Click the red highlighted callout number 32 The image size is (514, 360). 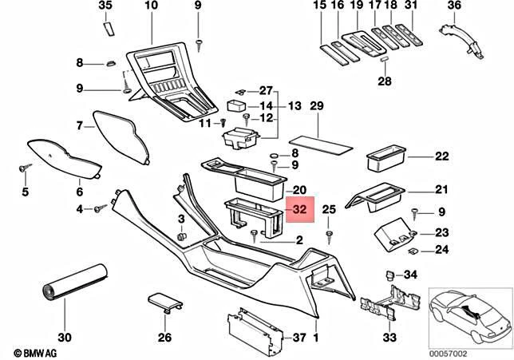click(300, 209)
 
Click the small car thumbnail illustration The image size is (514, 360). click(468, 313)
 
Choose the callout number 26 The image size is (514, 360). click(164, 338)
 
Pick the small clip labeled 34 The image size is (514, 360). click(390, 275)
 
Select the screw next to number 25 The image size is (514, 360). click(329, 235)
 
